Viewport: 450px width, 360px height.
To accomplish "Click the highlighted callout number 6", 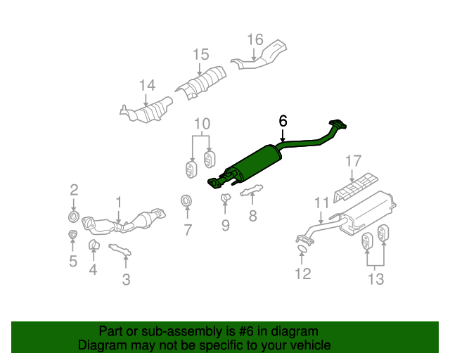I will pyautogui.click(x=283, y=121).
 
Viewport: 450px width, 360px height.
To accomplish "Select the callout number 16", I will pyautogui.click(x=255, y=39).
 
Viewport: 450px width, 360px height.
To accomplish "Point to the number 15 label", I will pyautogui.click(x=201, y=54).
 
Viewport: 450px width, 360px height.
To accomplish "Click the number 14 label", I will pyautogui.click(x=146, y=86).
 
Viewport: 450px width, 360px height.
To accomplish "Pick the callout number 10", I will pyautogui.click(x=202, y=124).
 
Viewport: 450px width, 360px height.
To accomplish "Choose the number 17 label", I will pyautogui.click(x=353, y=162).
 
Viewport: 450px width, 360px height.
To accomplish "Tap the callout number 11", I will pyautogui.click(x=321, y=202).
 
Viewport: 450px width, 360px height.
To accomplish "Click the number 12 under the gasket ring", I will pyautogui.click(x=302, y=274).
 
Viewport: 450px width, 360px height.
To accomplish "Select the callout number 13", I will pyautogui.click(x=376, y=279).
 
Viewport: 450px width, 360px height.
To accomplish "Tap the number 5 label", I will pyautogui.click(x=73, y=262).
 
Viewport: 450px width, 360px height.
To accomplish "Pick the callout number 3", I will pyautogui.click(x=126, y=281).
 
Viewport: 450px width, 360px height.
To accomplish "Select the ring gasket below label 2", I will pyautogui.click(x=74, y=213).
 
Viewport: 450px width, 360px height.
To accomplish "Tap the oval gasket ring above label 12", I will pyautogui.click(x=301, y=248).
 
